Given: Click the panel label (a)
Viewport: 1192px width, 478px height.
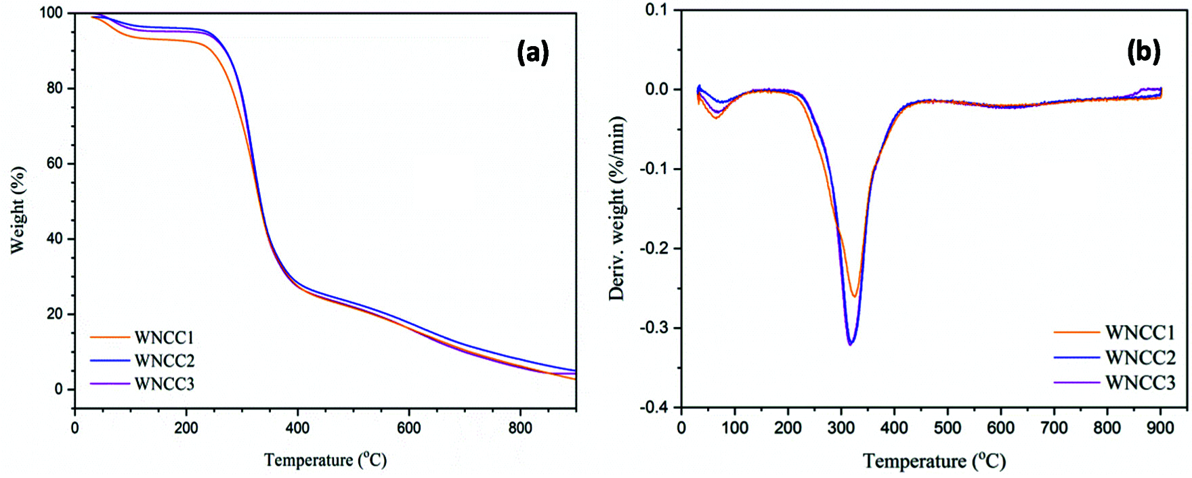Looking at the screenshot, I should point(532,52).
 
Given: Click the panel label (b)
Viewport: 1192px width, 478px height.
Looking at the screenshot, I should point(1143,51).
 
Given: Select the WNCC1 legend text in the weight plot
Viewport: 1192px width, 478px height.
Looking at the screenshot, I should point(164,337).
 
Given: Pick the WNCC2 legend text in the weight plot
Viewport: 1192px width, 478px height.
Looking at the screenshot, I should point(164,361).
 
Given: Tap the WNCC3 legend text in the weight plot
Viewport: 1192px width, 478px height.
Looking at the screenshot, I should point(164,384).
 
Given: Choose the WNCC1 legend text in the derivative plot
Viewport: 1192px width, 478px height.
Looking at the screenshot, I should point(1140,332).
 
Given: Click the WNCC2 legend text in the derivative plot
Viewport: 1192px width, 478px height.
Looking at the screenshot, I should point(1140,357).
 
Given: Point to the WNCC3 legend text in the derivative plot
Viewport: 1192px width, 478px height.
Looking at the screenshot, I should point(1140,383).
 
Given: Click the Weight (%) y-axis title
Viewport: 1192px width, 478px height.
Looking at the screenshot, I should point(18,210).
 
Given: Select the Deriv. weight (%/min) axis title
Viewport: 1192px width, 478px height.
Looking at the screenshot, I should point(616,209).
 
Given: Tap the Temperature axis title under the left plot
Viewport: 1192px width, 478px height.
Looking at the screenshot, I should point(325,460).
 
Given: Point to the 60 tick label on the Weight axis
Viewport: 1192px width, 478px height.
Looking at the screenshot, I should point(54,163).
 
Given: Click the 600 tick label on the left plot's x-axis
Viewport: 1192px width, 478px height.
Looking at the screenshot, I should point(408,428).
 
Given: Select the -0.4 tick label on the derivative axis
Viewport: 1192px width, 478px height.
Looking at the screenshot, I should point(654,407).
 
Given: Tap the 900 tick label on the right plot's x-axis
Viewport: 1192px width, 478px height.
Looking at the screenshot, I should point(1160,428).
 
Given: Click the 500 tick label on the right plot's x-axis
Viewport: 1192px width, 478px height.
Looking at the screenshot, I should point(947,428).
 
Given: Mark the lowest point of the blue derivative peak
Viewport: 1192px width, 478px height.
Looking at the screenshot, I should point(850,344).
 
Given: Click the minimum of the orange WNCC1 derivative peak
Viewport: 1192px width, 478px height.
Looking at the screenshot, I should point(855,297).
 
